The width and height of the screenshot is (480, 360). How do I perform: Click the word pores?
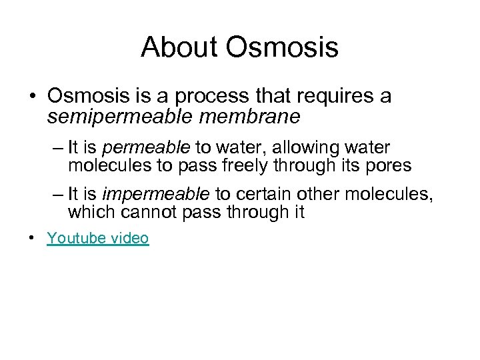[387, 165]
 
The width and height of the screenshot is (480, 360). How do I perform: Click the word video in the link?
[128, 238]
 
